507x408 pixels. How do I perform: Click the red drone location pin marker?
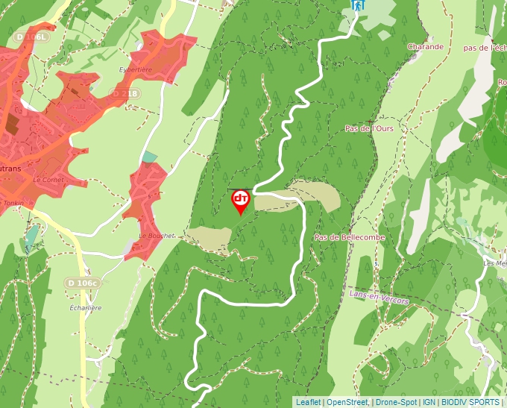(x=241, y=200)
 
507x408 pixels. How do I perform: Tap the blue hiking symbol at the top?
(x=359, y=4)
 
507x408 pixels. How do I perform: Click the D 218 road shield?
(x=125, y=93)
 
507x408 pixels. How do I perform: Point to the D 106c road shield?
(x=83, y=283)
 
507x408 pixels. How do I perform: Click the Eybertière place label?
(x=136, y=69)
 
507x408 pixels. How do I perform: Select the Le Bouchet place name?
(x=155, y=236)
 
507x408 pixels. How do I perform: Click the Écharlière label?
(x=85, y=307)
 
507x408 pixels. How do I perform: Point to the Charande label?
(x=426, y=46)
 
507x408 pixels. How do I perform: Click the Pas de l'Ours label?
(x=369, y=128)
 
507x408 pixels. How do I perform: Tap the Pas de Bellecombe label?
(x=350, y=236)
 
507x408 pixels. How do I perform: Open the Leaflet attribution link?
(x=308, y=402)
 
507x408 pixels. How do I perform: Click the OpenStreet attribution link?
(x=347, y=402)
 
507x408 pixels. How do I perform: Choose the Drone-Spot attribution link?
(x=396, y=402)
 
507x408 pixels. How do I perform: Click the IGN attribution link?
(x=429, y=402)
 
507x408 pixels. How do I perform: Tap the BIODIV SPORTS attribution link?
(x=470, y=402)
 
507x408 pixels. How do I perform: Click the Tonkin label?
(x=13, y=203)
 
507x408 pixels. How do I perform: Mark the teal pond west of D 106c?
(x=31, y=238)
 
